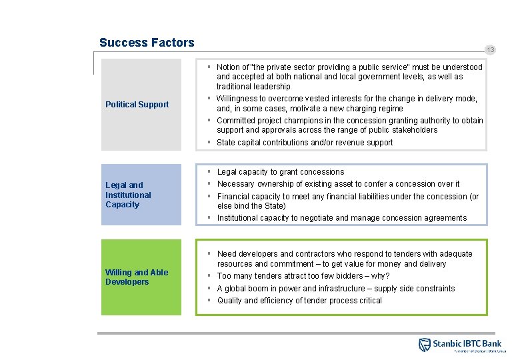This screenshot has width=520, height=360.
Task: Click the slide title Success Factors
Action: pyautogui.click(x=147, y=43)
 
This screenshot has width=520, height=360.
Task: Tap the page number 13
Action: pyautogui.click(x=491, y=50)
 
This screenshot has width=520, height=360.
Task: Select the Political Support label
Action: pyautogui.click(x=137, y=105)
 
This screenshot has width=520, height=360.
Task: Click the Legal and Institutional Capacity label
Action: pyautogui.click(x=128, y=195)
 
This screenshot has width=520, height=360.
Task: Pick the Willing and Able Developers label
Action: pyautogui.click(x=136, y=277)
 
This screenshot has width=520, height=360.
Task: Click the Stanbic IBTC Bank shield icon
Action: pyautogui.click(x=424, y=345)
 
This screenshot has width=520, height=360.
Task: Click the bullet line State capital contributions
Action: pyautogui.click(x=305, y=143)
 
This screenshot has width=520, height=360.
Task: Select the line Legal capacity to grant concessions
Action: pyautogui.click(x=281, y=172)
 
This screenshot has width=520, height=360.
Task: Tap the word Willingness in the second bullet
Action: pyautogui.click(x=237, y=99)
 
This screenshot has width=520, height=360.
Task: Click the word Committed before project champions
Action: pyautogui.click(x=236, y=121)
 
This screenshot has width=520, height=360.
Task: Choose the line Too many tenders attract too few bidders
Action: pyautogui.click(x=303, y=276)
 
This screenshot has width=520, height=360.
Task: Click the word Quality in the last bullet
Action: pyautogui.click(x=230, y=301)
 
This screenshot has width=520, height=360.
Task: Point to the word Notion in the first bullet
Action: pyautogui.click(x=229, y=67)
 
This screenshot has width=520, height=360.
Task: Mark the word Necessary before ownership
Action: pyautogui.click(x=235, y=184)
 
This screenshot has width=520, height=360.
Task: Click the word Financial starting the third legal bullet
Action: pyautogui.click(x=234, y=197)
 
